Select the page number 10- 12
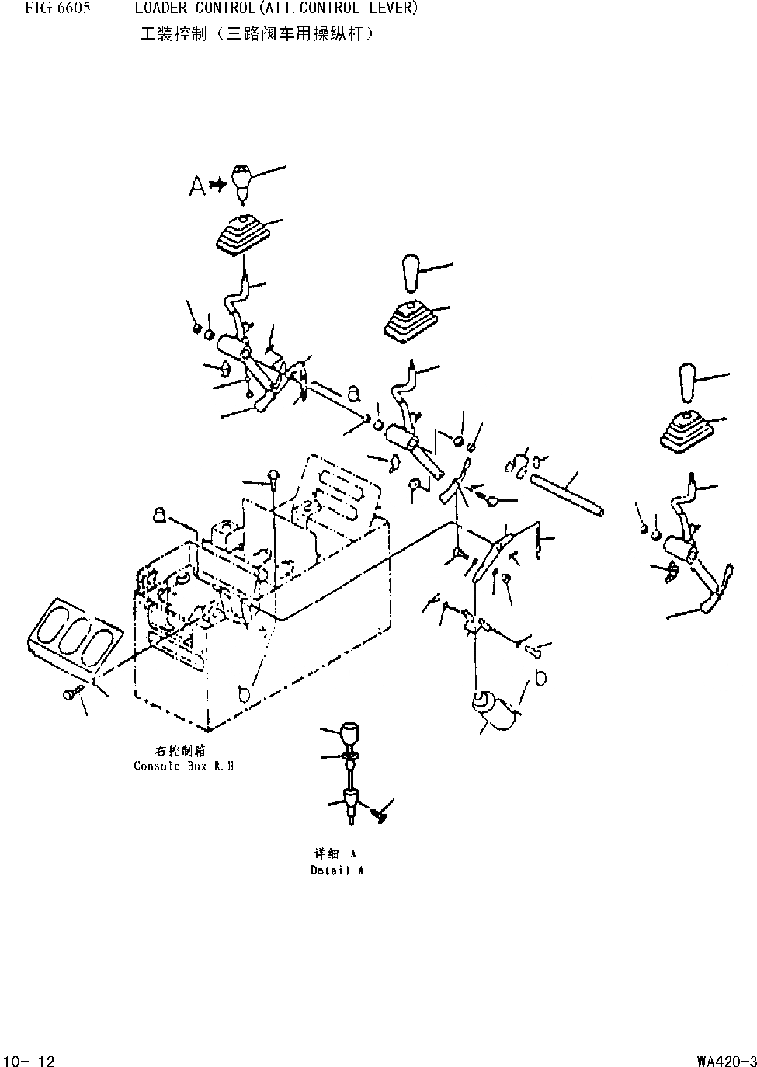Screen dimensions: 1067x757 coord(30,1060)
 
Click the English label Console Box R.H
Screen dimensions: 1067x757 coord(183,766)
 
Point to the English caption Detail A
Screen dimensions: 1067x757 coord(337,871)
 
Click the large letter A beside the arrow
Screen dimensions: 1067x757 coord(197,185)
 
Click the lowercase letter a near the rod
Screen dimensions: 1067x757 coord(353,394)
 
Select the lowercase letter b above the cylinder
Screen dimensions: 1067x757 coord(540,678)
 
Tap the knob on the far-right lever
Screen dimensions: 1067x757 coord(686,381)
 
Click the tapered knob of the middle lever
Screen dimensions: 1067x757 coord(410,273)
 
